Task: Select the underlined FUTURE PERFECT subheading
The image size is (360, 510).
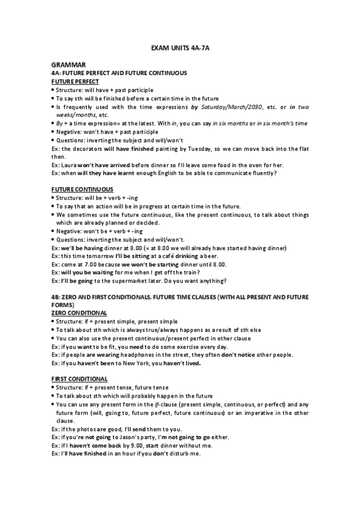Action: pyautogui.click(x=75, y=81)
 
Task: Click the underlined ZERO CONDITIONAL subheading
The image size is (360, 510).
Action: pyautogui.click(x=79, y=313)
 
